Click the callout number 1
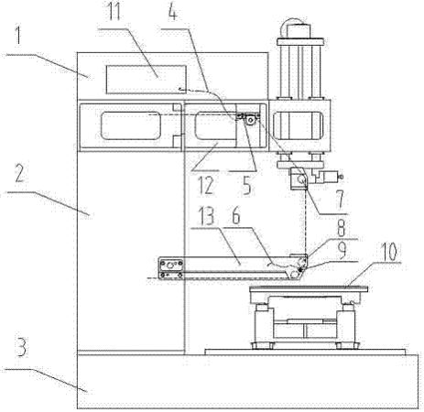point(18,37)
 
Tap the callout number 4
point(172,13)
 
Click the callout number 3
point(21,348)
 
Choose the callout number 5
point(246,186)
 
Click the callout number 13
point(207,216)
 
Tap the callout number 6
point(236,215)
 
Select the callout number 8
point(341,228)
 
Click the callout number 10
point(388,253)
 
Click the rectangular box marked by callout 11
point(147,80)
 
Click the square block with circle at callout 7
point(299,179)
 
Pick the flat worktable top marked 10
point(309,289)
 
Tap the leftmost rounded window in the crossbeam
point(130,125)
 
